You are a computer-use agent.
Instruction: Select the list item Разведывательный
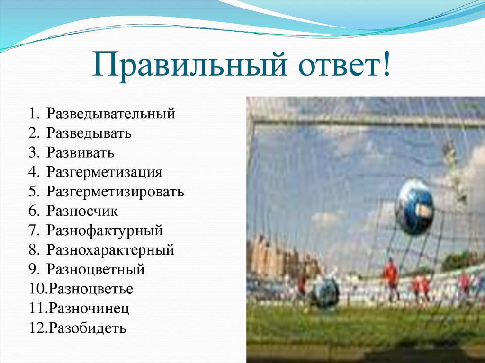tap(111, 114)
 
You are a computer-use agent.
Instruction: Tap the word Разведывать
tap(89, 133)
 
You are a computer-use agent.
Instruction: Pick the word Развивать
tap(81, 153)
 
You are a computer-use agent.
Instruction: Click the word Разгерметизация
tap(104, 172)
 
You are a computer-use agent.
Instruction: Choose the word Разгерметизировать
tap(115, 192)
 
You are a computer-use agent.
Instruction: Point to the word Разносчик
tap(82, 211)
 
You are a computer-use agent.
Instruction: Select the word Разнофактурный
tap(105, 230)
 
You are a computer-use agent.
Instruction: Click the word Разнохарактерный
tap(110, 250)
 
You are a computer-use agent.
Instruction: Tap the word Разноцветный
tap(96, 269)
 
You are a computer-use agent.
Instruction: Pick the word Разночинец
tap(90, 308)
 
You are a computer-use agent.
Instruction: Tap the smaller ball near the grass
tap(325, 292)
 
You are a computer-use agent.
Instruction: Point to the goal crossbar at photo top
tap(365, 121)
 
